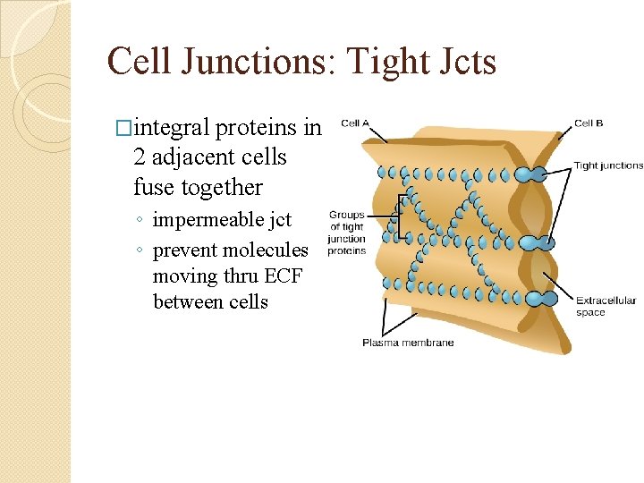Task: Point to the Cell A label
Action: click(355, 124)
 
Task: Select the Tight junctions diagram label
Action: click(607, 165)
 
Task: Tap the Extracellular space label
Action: click(605, 306)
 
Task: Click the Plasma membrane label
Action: click(407, 343)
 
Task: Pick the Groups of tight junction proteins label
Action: click(346, 233)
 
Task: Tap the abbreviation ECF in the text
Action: click(283, 276)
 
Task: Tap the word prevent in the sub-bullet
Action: click(184, 250)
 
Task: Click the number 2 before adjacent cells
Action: click(140, 158)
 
